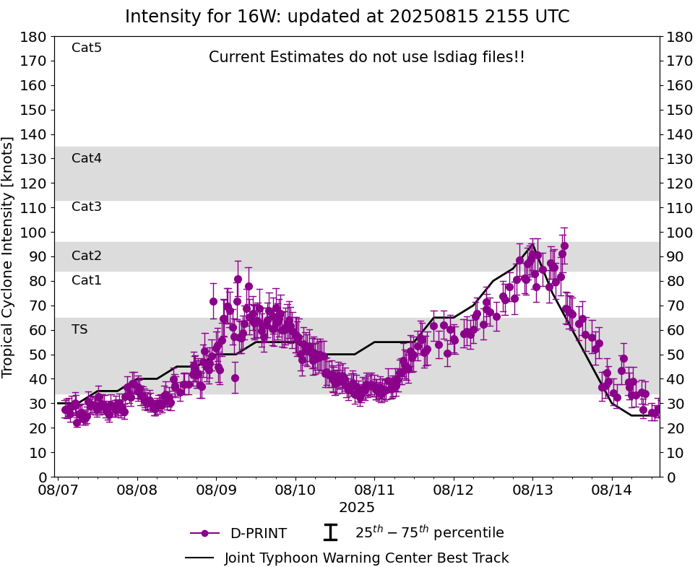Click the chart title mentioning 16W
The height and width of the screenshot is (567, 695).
point(347,17)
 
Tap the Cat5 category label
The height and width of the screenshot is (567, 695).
point(87,48)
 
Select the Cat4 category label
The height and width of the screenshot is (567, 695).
point(87,158)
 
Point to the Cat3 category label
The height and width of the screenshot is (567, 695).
point(87,207)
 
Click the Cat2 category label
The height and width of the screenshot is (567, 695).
point(87,256)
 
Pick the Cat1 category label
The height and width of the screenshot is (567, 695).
point(87,280)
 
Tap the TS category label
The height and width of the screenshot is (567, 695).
point(79,329)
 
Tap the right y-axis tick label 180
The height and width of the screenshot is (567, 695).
point(677,36)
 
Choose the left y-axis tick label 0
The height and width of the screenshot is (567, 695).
point(43,477)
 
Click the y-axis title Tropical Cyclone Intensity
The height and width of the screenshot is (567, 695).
point(9,256)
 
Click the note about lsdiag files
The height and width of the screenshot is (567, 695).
point(367,57)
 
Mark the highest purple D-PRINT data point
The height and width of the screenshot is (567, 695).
point(564,246)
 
